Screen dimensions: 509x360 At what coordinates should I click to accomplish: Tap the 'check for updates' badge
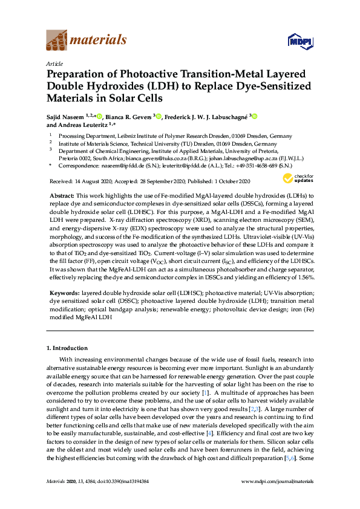coord(296,178)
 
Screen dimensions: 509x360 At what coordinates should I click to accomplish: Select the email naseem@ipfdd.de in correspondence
coord(119,165)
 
